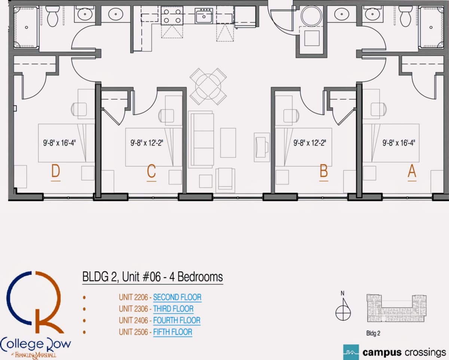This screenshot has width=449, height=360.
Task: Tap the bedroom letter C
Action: [x=151, y=171]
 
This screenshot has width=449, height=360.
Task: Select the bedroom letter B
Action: [x=324, y=171]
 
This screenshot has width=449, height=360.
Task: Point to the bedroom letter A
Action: [x=412, y=171]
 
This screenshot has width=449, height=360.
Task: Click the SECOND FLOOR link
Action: [x=177, y=297]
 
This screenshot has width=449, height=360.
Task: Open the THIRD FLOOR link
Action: [x=173, y=309]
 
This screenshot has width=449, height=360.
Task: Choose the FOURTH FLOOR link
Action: [x=177, y=320]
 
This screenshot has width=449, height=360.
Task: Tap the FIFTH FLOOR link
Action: [x=172, y=332]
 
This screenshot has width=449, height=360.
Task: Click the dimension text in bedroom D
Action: [x=59, y=143]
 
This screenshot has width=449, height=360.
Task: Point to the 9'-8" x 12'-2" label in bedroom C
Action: [x=147, y=143]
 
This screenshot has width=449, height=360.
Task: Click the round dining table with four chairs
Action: [x=208, y=86]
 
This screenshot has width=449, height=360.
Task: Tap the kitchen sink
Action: [x=204, y=16]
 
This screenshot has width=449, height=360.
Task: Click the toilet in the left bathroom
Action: [x=53, y=16]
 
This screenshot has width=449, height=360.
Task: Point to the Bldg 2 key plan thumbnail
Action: [x=396, y=308]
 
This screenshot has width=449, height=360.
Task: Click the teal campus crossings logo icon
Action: [x=351, y=352]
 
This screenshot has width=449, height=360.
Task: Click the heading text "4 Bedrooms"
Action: [x=196, y=277]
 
